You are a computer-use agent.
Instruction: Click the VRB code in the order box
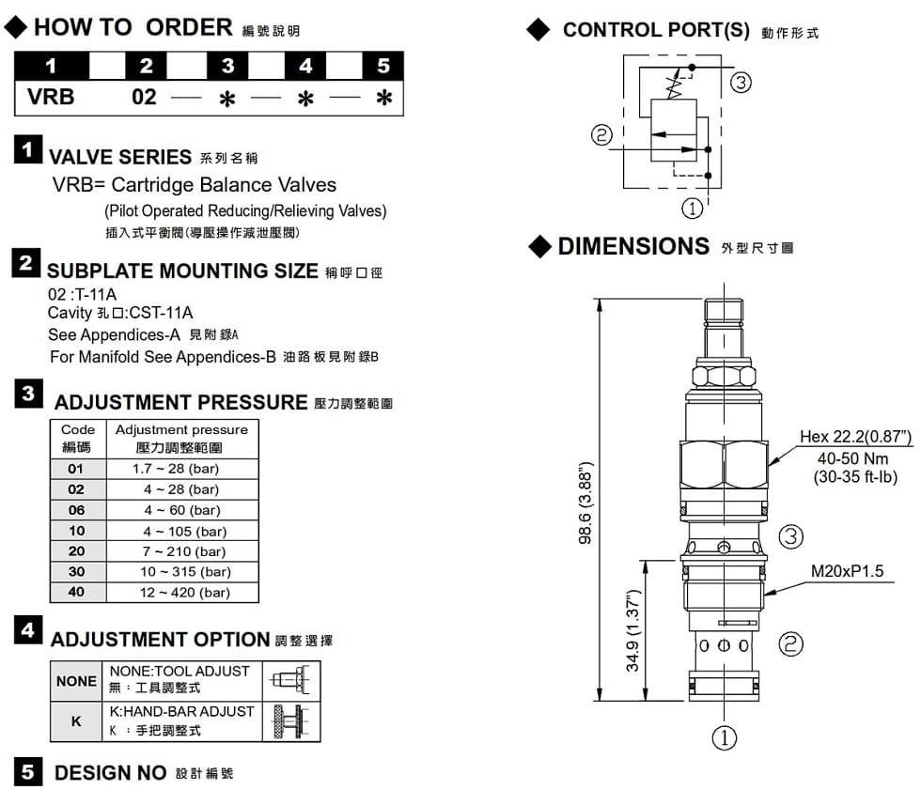click(52, 97)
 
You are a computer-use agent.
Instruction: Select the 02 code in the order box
click(144, 97)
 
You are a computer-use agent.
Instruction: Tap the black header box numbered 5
click(383, 67)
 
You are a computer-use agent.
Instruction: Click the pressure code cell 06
click(76, 510)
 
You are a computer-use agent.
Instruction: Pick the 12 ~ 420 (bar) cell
click(181, 593)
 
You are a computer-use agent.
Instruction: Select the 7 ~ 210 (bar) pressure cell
click(181, 551)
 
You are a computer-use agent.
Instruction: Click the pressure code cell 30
click(76, 572)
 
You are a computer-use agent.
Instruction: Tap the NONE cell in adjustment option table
click(76, 681)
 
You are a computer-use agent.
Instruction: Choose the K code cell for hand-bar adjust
click(76, 721)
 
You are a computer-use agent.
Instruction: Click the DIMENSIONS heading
click(633, 246)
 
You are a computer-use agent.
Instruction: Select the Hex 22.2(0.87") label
click(855, 437)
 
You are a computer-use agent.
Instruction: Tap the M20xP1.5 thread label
click(847, 571)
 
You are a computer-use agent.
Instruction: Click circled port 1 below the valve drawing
click(722, 737)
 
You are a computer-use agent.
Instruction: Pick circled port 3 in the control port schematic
click(741, 83)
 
